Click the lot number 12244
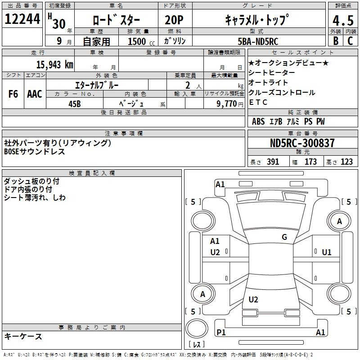click(x=22, y=20)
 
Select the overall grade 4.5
click(x=343, y=21)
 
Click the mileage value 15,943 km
click(x=54, y=64)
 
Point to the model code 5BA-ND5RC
click(x=258, y=41)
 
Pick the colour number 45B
click(x=74, y=103)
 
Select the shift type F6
click(x=13, y=94)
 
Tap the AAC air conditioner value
click(x=35, y=94)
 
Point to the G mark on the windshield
click(x=284, y=237)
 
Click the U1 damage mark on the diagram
click(x=326, y=252)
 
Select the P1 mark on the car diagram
click(x=221, y=333)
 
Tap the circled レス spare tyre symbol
click(x=197, y=332)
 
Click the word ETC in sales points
click(x=258, y=102)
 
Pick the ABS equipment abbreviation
click(x=258, y=121)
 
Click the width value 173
click(x=310, y=162)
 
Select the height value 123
click(x=346, y=162)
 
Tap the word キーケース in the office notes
click(x=23, y=336)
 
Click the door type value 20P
click(x=174, y=20)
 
